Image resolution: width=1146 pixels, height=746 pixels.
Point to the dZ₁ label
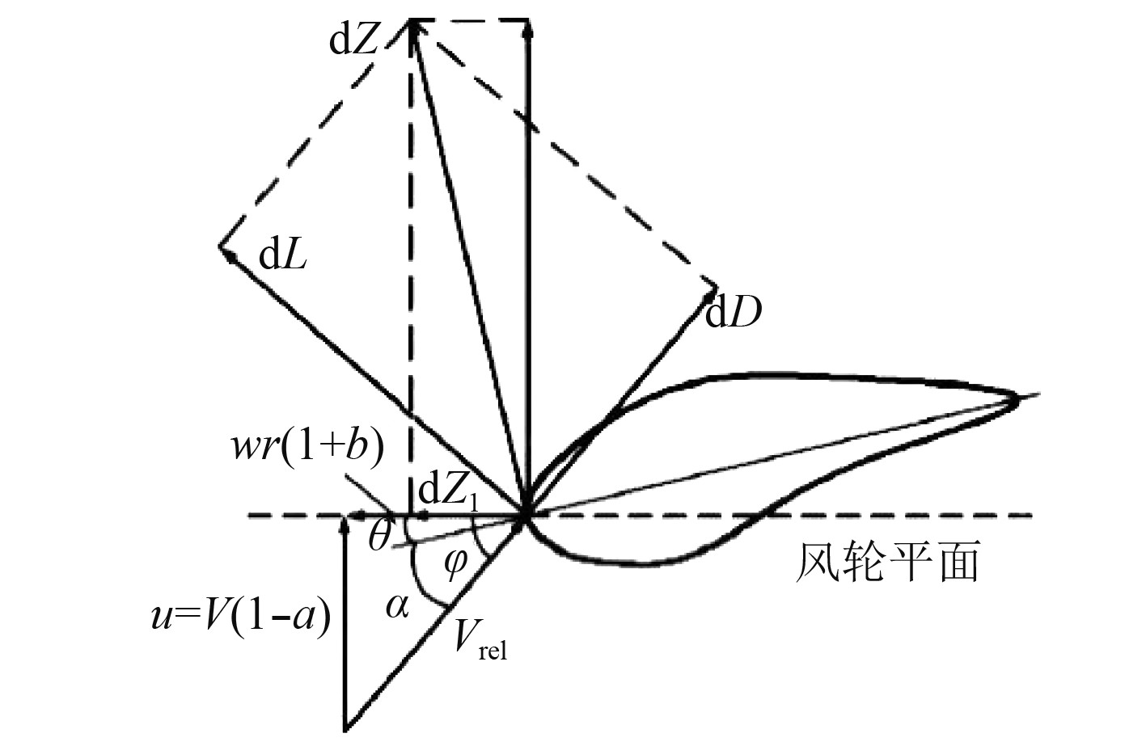[x=447, y=492]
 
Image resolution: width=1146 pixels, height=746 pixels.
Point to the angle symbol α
[x=396, y=605]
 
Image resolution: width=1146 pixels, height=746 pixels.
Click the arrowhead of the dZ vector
[x=414, y=26]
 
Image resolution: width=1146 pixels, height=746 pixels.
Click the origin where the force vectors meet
[x=526, y=514]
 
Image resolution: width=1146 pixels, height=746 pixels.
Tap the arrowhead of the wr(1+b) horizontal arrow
[x=351, y=515]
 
